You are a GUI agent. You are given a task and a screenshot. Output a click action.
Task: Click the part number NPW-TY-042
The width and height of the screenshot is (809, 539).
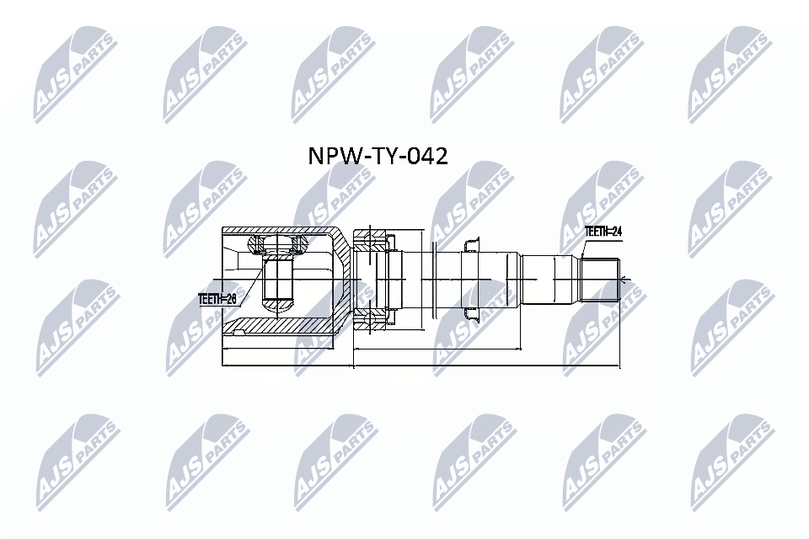[378, 156]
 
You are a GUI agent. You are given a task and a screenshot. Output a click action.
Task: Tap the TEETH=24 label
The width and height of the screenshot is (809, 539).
[603, 232]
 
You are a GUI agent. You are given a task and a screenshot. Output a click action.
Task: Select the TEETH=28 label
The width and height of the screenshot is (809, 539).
[217, 299]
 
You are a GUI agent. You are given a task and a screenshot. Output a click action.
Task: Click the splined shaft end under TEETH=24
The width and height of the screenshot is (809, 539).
[599, 280]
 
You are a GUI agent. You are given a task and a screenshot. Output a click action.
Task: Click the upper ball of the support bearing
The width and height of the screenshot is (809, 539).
[367, 240]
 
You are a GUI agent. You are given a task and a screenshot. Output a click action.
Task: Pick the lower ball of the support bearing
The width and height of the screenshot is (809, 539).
[367, 321]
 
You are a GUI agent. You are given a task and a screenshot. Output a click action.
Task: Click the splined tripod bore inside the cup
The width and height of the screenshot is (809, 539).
[278, 280]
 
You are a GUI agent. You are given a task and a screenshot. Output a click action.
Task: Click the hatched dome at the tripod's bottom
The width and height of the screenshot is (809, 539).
[278, 307]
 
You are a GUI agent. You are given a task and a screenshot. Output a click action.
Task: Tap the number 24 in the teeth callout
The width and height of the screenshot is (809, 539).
[616, 232]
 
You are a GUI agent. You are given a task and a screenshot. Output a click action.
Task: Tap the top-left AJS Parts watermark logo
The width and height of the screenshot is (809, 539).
[76, 76]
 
